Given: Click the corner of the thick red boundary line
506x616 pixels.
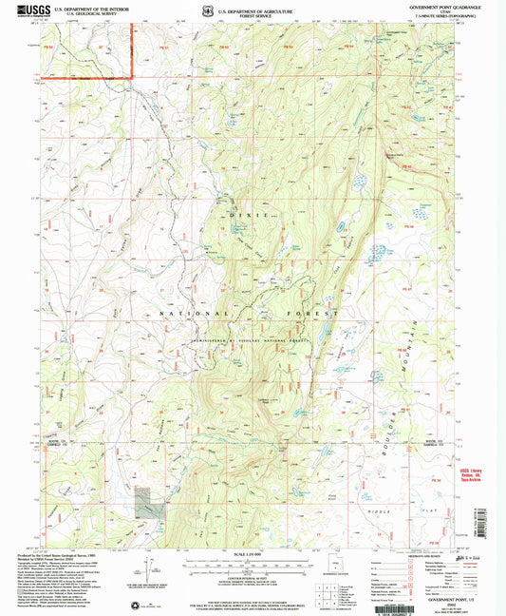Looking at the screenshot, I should (x=130, y=76).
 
